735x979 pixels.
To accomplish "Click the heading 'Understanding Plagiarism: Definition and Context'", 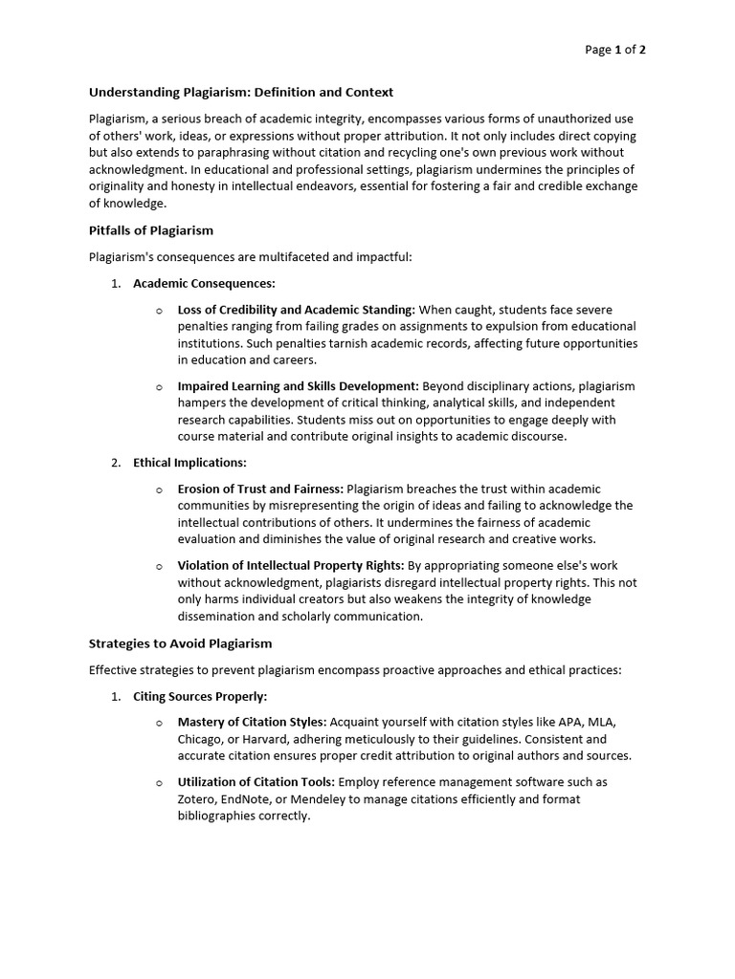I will pos(241,93).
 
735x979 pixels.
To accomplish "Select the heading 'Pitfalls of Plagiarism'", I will pos(151,230).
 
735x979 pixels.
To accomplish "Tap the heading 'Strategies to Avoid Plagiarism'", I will pos(180,643).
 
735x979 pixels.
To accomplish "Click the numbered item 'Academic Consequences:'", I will pos(204,284).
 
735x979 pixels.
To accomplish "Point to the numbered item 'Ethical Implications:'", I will pos(189,463).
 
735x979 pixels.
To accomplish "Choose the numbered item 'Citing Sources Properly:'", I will pos(200,697).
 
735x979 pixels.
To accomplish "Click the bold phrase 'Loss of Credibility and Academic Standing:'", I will pos(296,310).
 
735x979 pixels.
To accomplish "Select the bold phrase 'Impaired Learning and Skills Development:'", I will pos(298,386).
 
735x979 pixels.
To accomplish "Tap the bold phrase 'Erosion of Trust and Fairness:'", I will pos(261,489).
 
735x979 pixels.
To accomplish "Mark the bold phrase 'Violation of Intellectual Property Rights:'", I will pos(291,565).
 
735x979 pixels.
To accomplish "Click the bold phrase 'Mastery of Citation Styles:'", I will pos(253,722).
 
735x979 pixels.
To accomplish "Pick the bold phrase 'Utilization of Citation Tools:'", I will pos(256,782).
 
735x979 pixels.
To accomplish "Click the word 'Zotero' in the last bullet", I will pos(196,799).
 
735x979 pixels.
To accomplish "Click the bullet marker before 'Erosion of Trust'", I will pos(159,489).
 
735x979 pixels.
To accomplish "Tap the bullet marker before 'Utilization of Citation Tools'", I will pos(159,783).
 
